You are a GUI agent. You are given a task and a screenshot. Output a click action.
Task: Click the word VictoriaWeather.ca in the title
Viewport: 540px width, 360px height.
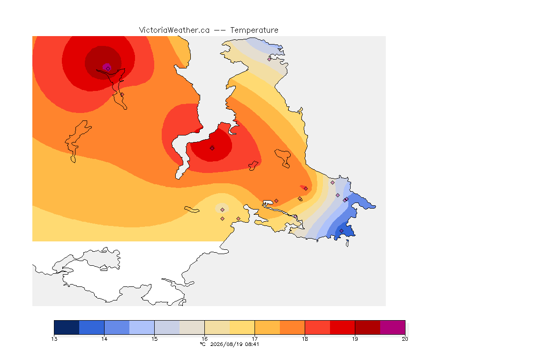click(x=174, y=30)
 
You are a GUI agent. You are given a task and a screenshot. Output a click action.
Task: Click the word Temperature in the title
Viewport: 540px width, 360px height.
click(x=254, y=30)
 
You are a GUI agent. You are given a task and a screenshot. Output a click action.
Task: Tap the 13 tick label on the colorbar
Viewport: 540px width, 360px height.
click(x=54, y=339)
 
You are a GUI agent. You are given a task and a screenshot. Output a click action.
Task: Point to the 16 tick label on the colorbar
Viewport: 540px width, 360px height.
click(x=204, y=339)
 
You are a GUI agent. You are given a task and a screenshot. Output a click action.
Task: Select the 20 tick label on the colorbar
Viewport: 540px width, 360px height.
click(x=405, y=339)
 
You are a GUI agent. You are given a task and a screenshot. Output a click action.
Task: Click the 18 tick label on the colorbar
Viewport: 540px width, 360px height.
click(x=305, y=339)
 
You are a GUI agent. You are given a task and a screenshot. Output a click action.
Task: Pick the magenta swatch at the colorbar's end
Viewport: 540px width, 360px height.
click(x=393, y=327)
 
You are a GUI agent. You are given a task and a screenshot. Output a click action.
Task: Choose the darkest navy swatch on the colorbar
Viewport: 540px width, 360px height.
click(x=67, y=327)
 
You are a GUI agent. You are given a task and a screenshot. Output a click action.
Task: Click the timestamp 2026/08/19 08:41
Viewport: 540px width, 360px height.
click(x=234, y=344)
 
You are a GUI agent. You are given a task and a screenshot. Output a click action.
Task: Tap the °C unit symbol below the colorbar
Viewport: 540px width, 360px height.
click(x=203, y=344)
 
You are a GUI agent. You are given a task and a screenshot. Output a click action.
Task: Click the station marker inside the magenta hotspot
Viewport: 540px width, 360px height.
click(x=108, y=69)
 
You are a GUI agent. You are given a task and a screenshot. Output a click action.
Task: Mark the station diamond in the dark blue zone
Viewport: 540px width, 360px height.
click(x=341, y=231)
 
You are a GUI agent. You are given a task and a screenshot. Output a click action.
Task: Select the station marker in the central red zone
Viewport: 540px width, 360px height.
click(x=212, y=149)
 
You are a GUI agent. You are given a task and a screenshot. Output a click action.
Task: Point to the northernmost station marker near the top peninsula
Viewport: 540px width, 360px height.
click(x=270, y=59)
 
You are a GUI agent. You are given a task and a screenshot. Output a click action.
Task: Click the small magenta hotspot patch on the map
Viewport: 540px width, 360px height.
click(x=107, y=67)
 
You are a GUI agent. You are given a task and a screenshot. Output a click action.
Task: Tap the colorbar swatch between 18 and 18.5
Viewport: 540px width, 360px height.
click(x=317, y=327)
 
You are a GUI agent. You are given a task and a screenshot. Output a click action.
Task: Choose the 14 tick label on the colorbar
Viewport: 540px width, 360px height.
click(x=105, y=339)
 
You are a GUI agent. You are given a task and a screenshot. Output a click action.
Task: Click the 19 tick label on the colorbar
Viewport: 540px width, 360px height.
click(x=355, y=339)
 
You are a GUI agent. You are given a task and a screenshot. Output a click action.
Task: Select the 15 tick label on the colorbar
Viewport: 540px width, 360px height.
click(x=154, y=339)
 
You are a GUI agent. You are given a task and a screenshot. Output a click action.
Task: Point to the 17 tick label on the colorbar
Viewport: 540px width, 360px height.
click(x=255, y=339)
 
